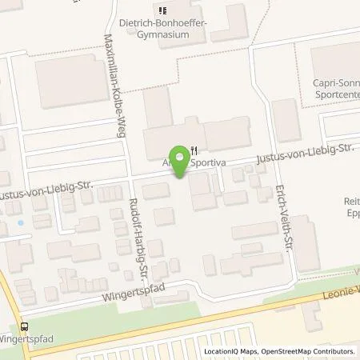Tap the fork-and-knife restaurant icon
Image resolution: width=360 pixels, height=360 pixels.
coord(194,148)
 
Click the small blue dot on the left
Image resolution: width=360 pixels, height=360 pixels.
coord(20,222)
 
